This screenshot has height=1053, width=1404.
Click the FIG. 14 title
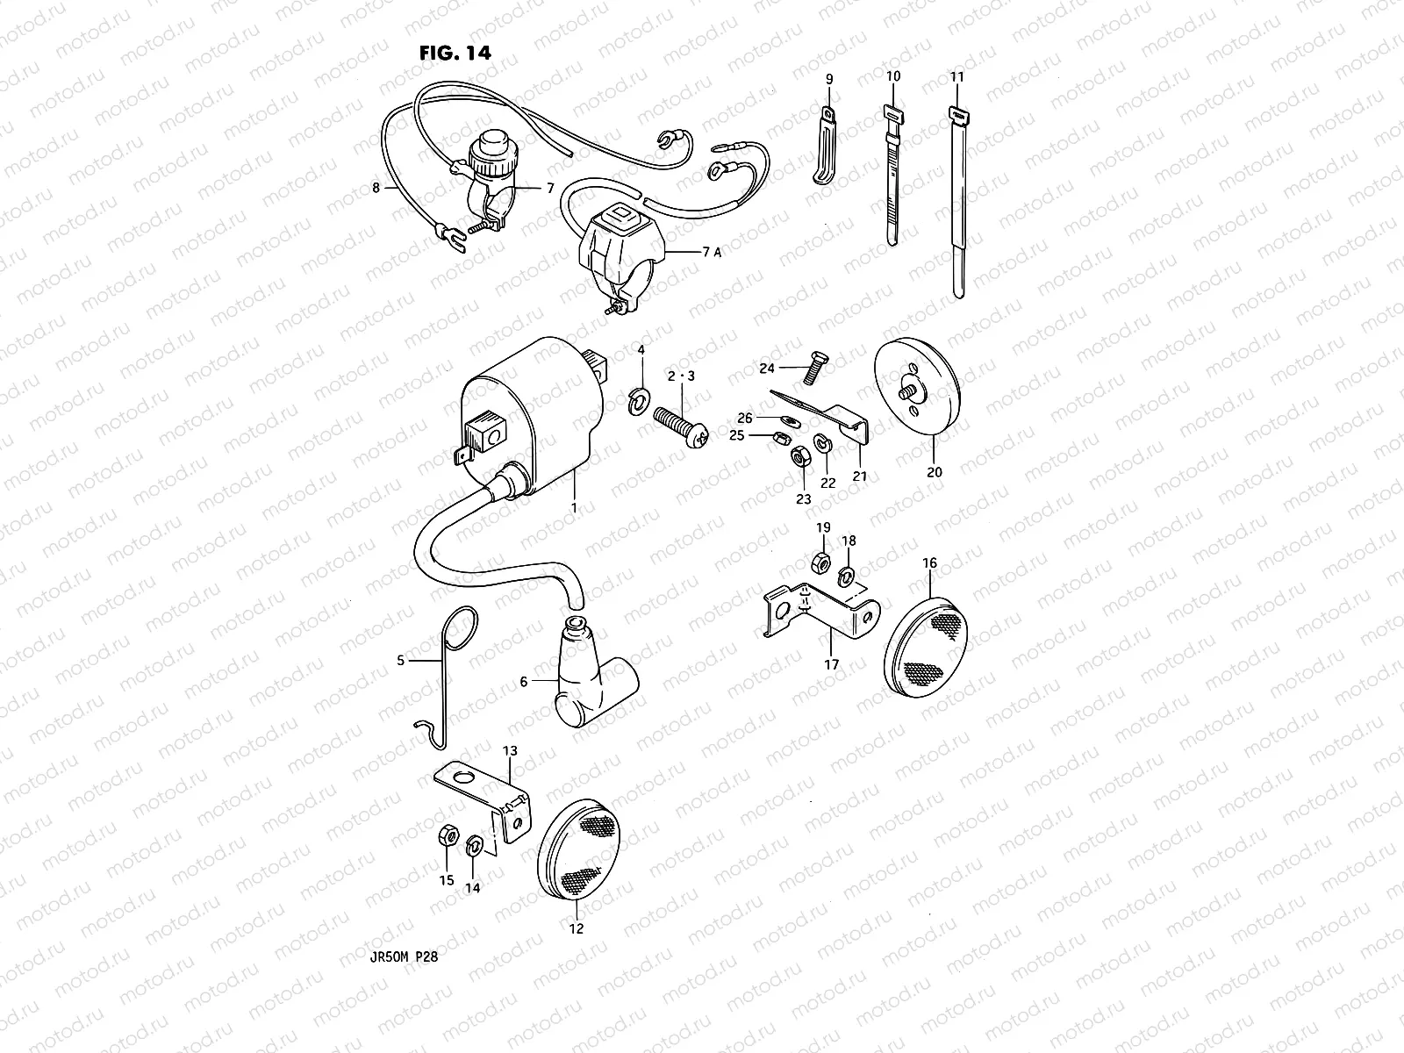454,53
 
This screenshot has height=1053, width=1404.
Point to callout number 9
829,79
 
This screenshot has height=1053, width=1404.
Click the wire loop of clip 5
465,626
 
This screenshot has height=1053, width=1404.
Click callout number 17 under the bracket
832,665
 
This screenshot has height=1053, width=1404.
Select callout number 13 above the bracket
510,751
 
